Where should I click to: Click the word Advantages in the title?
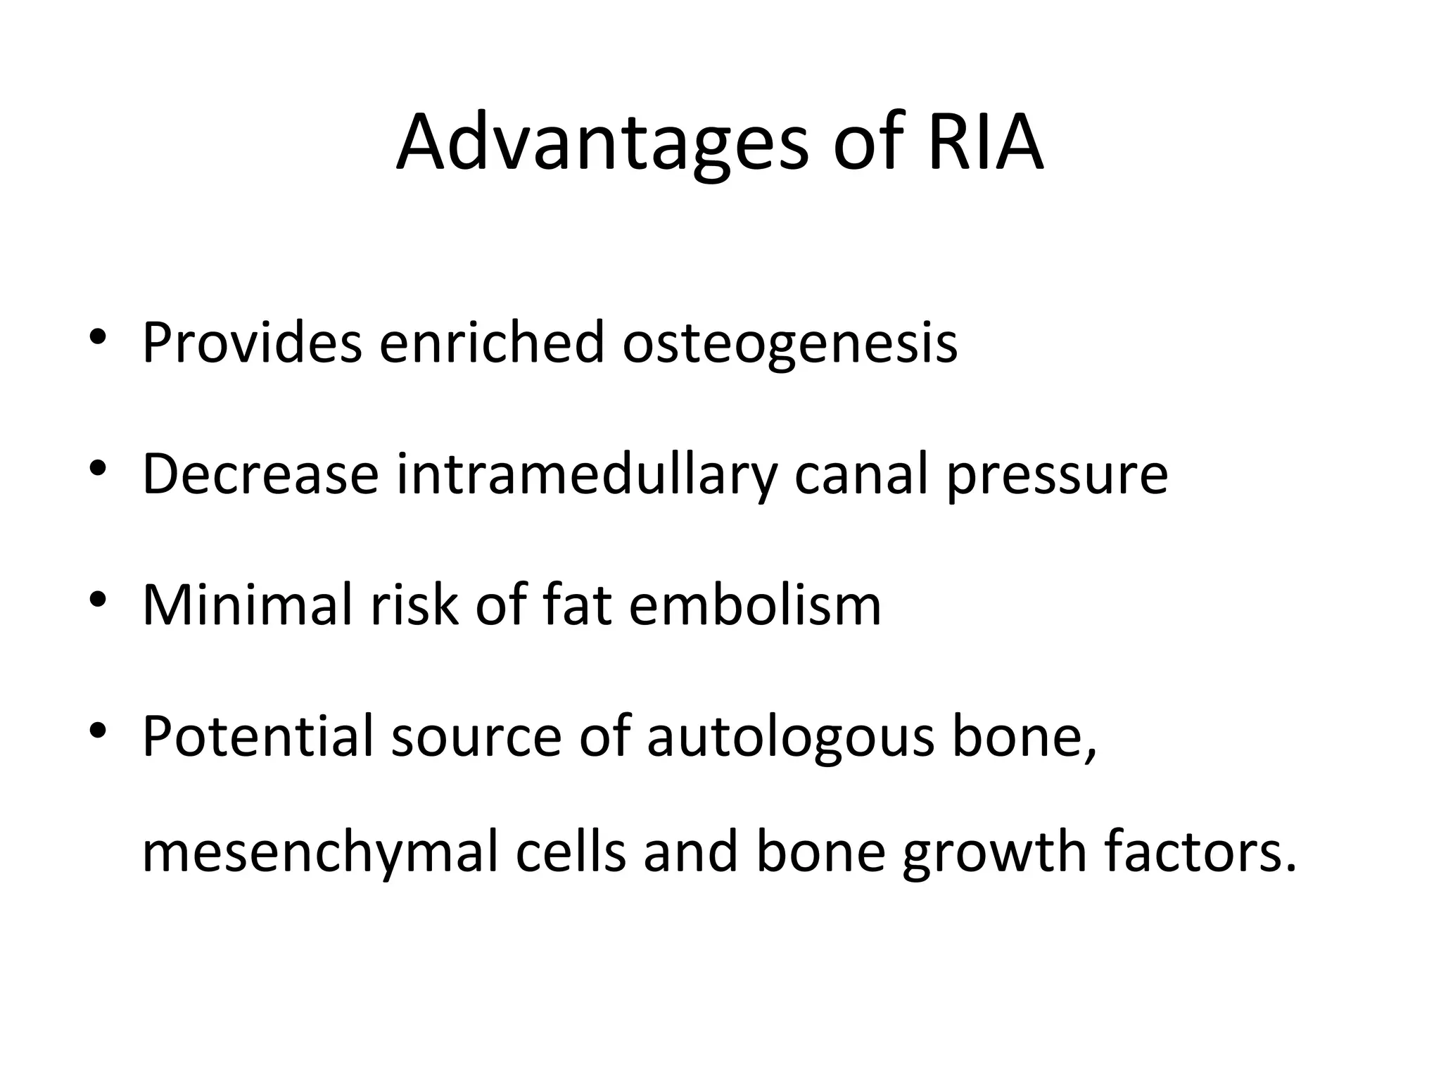[602, 145]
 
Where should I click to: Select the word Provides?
[252, 343]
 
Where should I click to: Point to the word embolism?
[754, 605]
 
